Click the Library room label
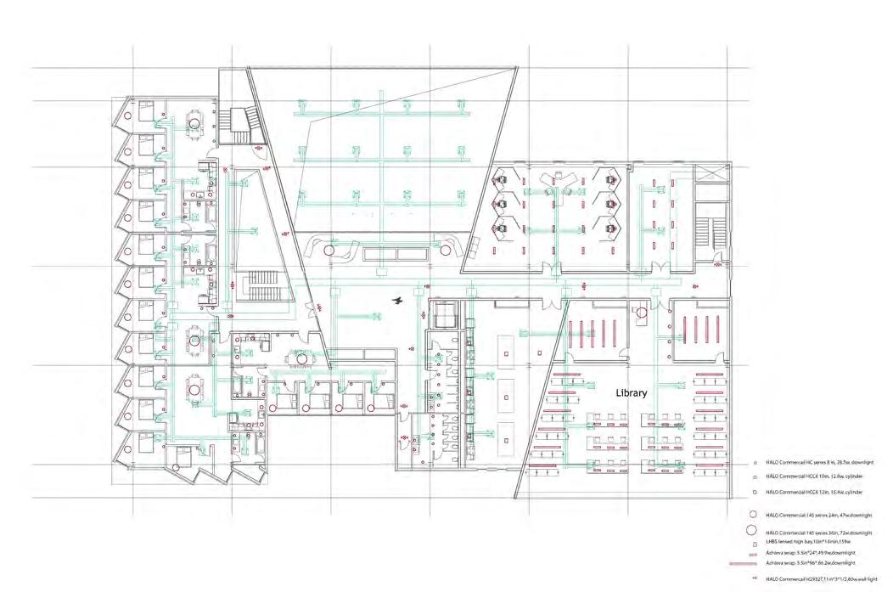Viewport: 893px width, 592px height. [x=632, y=393]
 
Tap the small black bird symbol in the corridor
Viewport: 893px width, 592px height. [x=396, y=300]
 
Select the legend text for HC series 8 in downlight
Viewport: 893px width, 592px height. [x=819, y=462]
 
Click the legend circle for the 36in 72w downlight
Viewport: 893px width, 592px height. [x=752, y=531]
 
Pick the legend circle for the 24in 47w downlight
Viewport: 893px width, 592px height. [x=752, y=515]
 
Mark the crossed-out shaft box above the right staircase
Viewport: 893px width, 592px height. [x=711, y=172]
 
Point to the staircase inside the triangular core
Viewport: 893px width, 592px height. [x=256, y=285]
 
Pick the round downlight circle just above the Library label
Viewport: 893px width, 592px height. [x=642, y=313]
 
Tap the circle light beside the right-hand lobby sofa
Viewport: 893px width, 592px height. [x=446, y=251]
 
